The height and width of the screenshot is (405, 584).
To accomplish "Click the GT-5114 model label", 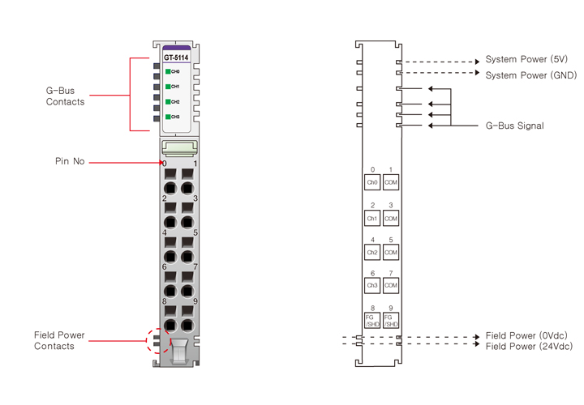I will (x=177, y=58).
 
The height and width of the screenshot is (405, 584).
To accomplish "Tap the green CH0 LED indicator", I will (x=168, y=72).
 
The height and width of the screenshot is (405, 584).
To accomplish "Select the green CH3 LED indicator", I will (x=168, y=117).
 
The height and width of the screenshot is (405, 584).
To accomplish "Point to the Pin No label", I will (x=70, y=162).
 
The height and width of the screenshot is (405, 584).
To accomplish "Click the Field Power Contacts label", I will (x=59, y=340).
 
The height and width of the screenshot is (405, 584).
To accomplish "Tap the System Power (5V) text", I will (x=526, y=60).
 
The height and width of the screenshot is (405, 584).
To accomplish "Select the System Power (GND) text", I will (x=530, y=75).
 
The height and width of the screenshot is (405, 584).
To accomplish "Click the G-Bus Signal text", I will (x=514, y=126).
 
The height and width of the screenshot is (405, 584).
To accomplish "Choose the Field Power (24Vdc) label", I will (x=528, y=346).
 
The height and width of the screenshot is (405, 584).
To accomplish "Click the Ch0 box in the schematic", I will (x=372, y=183).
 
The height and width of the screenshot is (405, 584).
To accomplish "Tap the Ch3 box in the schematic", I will (x=372, y=286).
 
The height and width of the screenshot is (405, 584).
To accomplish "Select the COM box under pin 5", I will (x=391, y=252).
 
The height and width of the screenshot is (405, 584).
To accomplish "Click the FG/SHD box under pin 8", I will (x=372, y=321).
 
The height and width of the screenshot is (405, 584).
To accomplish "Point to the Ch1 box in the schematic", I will (x=372, y=218).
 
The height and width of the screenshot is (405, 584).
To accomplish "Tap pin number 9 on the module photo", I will (x=195, y=301).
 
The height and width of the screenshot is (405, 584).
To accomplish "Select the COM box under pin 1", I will (x=391, y=183).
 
